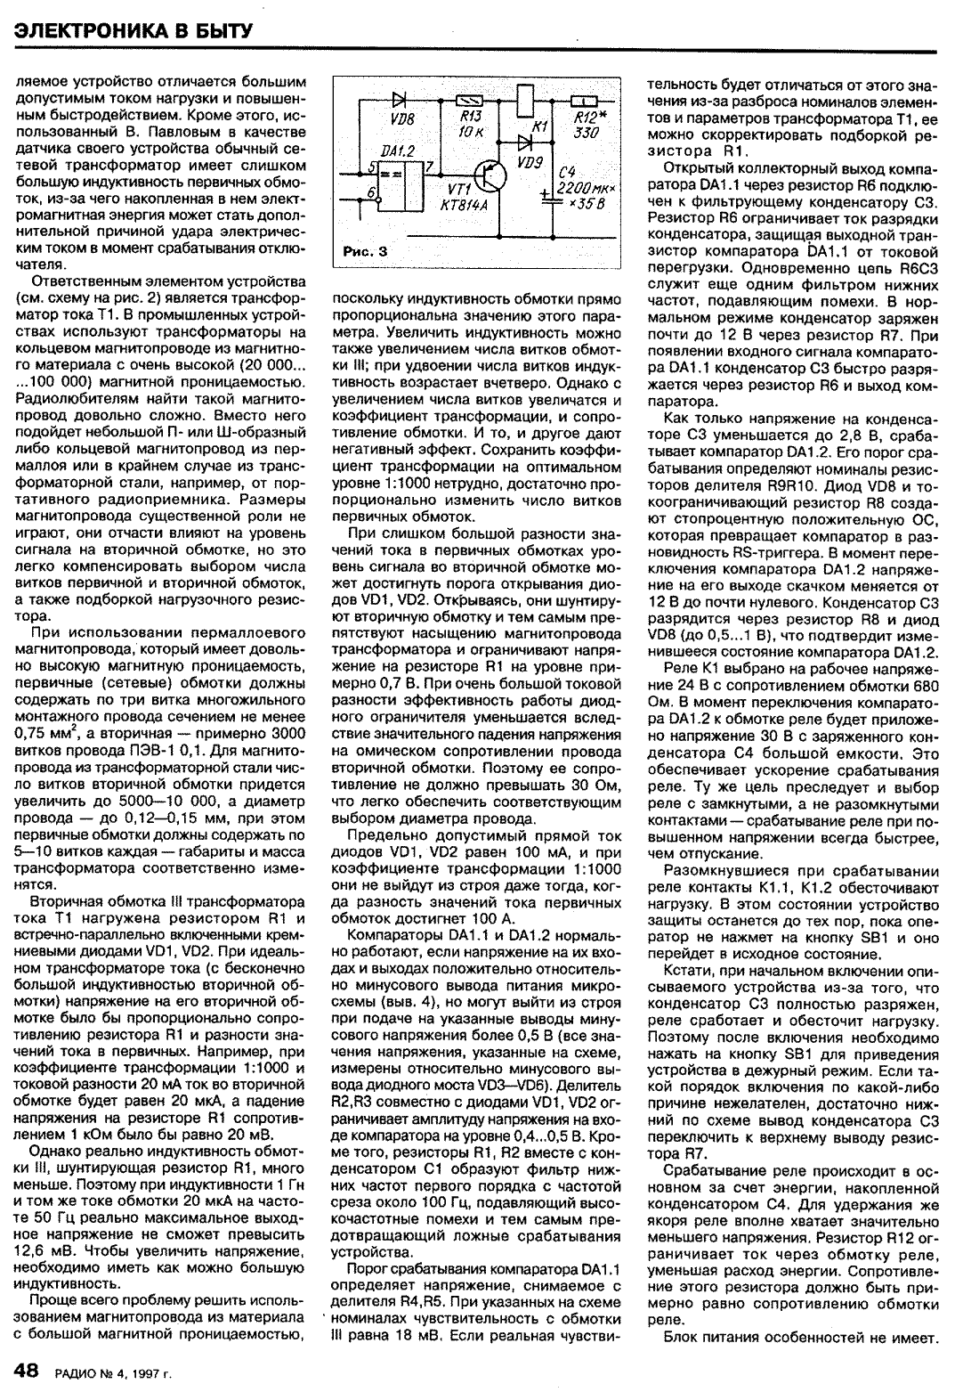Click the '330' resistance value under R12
585,133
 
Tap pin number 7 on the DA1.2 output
428,167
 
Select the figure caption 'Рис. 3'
365,252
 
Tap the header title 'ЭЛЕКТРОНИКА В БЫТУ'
135,30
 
